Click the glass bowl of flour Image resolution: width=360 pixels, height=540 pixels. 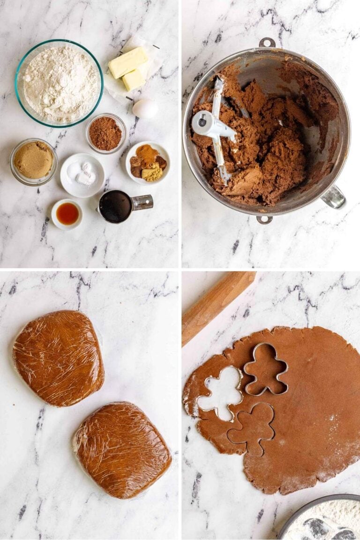point(59,83)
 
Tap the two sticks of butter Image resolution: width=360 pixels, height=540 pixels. point(129,68)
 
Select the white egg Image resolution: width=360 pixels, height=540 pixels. point(145,109)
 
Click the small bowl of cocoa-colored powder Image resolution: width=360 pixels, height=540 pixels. point(105,134)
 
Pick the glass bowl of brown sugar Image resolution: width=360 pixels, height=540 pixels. point(33,161)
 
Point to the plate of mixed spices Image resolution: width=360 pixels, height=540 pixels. point(148,162)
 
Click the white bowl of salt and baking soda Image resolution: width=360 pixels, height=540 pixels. point(82,175)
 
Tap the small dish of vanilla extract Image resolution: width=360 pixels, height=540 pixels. point(67,214)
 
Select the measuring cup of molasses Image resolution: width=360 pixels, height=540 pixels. point(116,206)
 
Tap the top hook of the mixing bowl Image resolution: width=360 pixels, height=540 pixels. point(267,43)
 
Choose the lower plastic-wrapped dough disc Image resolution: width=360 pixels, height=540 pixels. point(122,449)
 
